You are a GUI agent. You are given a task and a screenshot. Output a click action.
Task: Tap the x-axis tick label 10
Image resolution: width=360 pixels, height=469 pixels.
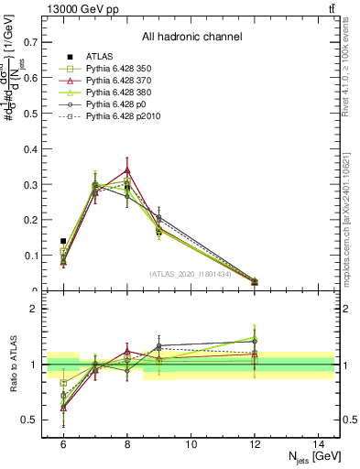191,443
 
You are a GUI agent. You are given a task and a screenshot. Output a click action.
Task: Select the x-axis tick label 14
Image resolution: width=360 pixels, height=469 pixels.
319,443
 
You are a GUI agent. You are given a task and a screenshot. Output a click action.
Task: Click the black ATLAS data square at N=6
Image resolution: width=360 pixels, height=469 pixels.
63,241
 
